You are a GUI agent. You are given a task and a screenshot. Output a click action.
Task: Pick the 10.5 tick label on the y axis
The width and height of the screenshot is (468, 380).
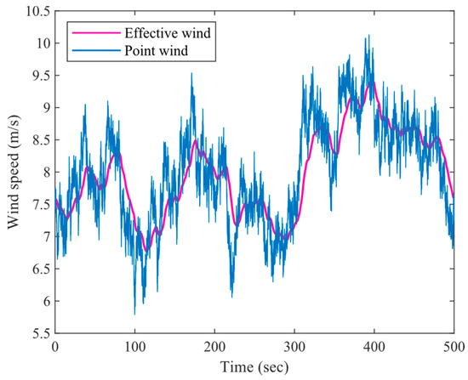pos(34,11)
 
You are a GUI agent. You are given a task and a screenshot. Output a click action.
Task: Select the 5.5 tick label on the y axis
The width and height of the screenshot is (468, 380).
pos(37,334)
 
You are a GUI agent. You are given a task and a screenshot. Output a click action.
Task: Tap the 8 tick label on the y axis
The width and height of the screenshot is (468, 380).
pos(44,173)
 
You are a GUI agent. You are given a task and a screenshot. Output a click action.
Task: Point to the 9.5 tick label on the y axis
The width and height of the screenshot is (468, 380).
pos(37,76)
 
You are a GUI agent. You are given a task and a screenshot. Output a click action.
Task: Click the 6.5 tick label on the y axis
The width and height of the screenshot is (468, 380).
pos(37,269)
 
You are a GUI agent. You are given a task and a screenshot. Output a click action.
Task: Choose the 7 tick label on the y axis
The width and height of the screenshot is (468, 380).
pos(44,237)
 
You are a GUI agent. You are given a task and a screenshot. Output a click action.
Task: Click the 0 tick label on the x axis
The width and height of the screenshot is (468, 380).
pos(55,346)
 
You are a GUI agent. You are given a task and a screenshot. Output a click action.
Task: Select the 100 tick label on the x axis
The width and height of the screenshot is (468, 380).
pos(134,346)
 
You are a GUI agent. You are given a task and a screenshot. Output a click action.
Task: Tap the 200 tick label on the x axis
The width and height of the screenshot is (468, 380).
pos(214,346)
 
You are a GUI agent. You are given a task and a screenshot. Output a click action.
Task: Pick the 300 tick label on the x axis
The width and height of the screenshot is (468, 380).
pos(294,346)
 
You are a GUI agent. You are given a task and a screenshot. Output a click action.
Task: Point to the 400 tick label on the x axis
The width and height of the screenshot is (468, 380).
pos(374,346)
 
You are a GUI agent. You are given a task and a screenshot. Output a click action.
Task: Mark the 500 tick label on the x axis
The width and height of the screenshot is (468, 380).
pos(453,346)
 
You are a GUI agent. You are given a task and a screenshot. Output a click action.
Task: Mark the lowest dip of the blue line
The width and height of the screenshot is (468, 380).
pos(134,314)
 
